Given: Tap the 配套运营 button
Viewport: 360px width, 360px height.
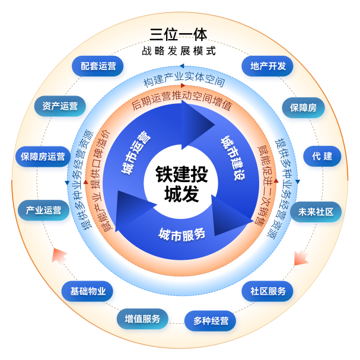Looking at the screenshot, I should pos(98,66).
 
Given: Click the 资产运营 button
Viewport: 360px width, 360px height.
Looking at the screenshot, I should pos(60,107).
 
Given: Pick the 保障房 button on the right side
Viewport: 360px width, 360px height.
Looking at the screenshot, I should pos(303,109).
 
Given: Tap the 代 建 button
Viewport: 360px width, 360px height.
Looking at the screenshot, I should pos(322,157).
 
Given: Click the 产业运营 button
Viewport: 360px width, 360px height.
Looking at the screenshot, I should pos(43,211).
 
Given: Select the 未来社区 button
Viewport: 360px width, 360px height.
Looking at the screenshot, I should pos(316,211).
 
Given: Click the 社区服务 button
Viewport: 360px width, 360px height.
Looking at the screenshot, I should pos(268,291).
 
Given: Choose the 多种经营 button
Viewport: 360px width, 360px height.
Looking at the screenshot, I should pos(211,321).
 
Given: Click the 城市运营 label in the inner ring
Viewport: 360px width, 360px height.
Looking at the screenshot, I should pos(136,153).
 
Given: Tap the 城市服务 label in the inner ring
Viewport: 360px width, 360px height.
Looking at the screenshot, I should pos(181,234).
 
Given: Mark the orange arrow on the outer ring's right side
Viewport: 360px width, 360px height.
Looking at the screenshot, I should pos(301,258).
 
